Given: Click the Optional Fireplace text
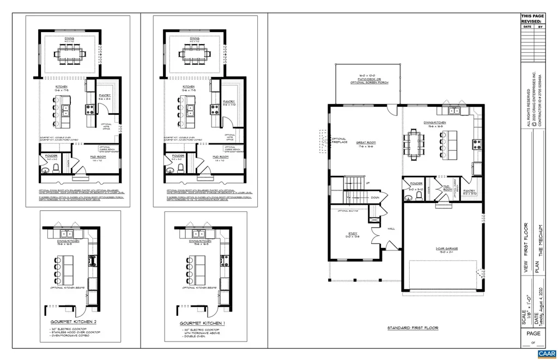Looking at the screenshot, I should click(339, 141).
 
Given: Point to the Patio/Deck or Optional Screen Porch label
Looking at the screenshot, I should click(368, 79).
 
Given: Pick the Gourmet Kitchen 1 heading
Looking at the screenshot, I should click(202, 323).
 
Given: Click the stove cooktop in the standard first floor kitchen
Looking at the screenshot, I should click(477, 144).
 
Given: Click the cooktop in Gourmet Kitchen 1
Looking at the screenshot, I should click(222, 258).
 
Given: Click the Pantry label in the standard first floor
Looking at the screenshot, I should click(470, 192).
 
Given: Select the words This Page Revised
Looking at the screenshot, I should click(532, 19).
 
